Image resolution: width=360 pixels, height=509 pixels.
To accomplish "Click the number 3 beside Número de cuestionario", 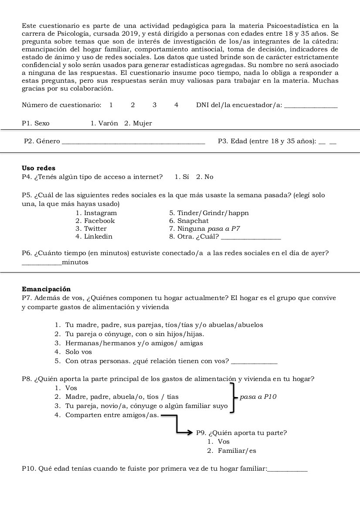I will point(155,104).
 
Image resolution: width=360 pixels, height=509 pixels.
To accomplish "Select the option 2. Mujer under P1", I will point(138,123).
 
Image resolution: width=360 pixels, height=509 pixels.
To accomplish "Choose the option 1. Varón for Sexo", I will point(105,123).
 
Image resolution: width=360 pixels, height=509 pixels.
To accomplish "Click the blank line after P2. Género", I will point(134,142).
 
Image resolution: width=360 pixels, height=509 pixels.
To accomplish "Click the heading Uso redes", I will point(38,168).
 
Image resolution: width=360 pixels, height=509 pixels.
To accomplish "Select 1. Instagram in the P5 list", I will point(96,213).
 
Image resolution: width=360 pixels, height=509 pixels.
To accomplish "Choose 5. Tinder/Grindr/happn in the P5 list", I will point(209,213).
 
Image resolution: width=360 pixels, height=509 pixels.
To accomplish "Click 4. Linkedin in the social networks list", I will point(94,236).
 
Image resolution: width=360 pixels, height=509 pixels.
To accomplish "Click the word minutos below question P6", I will point(75,262).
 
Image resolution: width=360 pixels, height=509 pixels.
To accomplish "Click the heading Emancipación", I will point(46,289).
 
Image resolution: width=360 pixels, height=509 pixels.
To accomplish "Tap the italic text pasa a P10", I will point(258,397).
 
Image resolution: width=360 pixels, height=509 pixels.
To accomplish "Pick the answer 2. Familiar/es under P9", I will point(231,451).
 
